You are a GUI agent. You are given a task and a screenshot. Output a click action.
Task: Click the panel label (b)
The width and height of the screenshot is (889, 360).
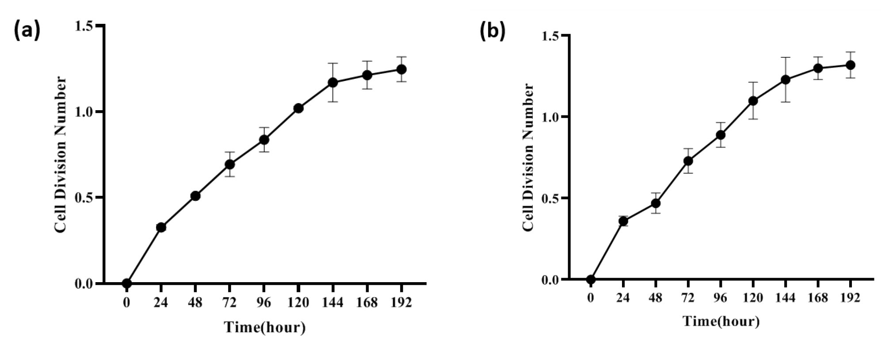click(492, 32)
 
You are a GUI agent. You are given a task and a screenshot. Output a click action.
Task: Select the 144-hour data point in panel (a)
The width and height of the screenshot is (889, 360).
click(333, 82)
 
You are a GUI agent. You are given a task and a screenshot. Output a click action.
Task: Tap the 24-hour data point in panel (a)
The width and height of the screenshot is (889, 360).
click(161, 227)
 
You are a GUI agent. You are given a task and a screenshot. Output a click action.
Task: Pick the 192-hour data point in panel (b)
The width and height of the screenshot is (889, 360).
click(850, 65)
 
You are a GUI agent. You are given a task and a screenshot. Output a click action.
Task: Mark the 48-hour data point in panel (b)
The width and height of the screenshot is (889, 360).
click(656, 203)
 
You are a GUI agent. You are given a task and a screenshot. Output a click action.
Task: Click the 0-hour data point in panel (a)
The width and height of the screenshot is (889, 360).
click(127, 283)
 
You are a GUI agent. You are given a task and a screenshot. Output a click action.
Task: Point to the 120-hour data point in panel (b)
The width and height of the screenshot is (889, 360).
click(753, 100)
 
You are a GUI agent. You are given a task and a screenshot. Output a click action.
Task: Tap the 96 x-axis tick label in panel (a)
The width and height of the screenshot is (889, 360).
click(264, 303)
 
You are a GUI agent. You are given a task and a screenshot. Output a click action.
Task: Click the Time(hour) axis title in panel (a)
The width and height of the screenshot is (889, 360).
click(265, 327)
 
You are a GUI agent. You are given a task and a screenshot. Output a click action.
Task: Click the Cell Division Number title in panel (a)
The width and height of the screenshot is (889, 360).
click(61, 155)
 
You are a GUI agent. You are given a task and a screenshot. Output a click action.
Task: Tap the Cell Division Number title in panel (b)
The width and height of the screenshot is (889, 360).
click(528, 157)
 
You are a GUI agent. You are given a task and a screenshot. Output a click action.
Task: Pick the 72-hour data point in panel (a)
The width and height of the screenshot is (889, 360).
click(229, 164)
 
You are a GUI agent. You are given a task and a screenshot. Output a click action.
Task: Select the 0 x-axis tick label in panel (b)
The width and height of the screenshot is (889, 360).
click(591, 298)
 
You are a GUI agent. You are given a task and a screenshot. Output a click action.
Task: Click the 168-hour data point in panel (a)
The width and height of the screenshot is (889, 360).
click(367, 75)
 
